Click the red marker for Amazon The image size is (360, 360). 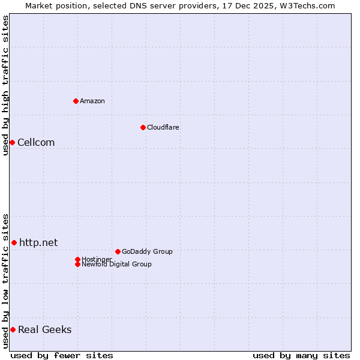coord(76,101)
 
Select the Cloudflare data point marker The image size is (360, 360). coord(143,127)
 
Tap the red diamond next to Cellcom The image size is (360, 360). coord(12,142)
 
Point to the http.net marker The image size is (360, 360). coord(14,242)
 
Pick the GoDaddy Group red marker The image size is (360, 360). coord(118,251)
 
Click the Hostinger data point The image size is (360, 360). coord(77,259)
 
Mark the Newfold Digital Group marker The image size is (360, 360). coord(77,264)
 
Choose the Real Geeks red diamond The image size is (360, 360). coord(13,329)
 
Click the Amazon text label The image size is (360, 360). coord(92,101)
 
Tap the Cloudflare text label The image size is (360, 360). coord(163,127)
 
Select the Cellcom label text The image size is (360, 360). coord(36,142)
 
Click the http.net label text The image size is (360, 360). coord(38,242)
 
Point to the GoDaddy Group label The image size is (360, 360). coord(147,251)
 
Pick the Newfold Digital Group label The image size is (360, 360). coord(116,264)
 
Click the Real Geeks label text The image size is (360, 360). coord(44,329)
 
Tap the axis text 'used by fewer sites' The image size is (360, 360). coord(62,355)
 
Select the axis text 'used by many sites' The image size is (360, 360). coord(301,355)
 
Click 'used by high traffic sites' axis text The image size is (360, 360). coord(5,85)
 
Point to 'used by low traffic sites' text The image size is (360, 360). coord(5,281)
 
